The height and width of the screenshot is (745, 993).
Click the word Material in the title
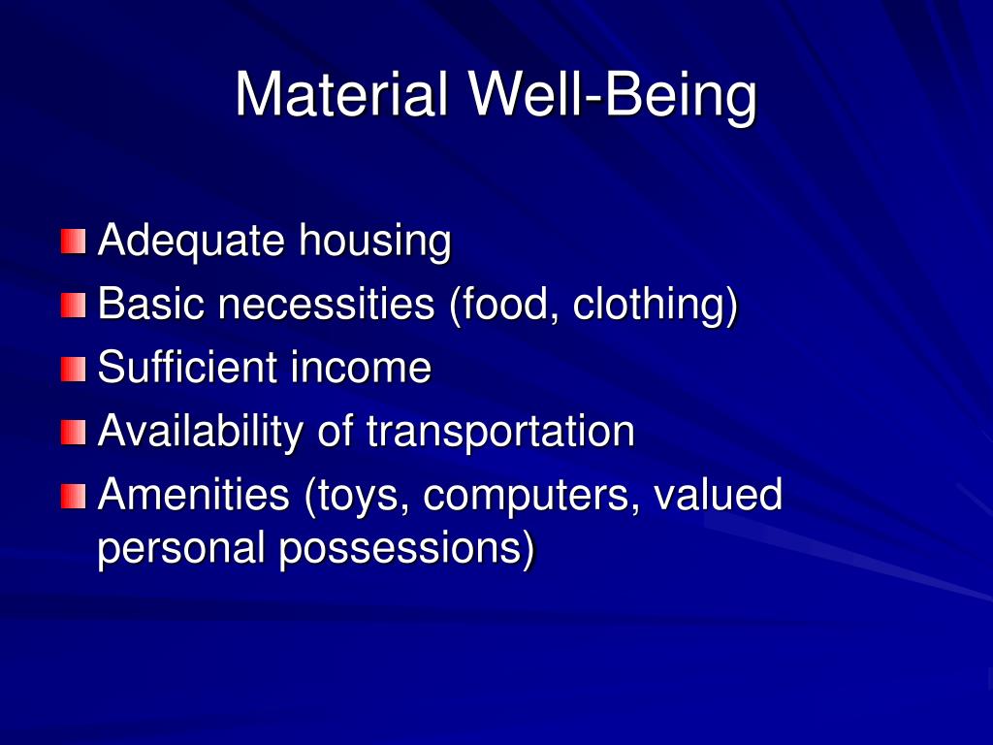(x=342, y=94)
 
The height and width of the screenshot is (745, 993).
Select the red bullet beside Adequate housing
(x=73, y=242)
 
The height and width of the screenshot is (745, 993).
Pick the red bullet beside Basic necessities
(x=73, y=306)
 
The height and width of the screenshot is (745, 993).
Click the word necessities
(x=325, y=305)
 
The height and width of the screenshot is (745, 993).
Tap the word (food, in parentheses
(x=503, y=305)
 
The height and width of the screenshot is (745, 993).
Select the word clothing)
(x=656, y=305)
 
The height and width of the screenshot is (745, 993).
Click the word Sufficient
(x=180, y=368)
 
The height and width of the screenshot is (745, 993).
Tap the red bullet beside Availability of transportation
(x=73, y=433)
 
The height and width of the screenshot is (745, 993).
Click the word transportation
(x=500, y=432)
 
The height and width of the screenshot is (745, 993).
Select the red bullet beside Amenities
(x=73, y=497)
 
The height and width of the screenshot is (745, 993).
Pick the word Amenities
(x=194, y=495)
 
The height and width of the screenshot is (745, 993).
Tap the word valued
(x=718, y=495)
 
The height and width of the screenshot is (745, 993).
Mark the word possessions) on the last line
(x=407, y=549)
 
